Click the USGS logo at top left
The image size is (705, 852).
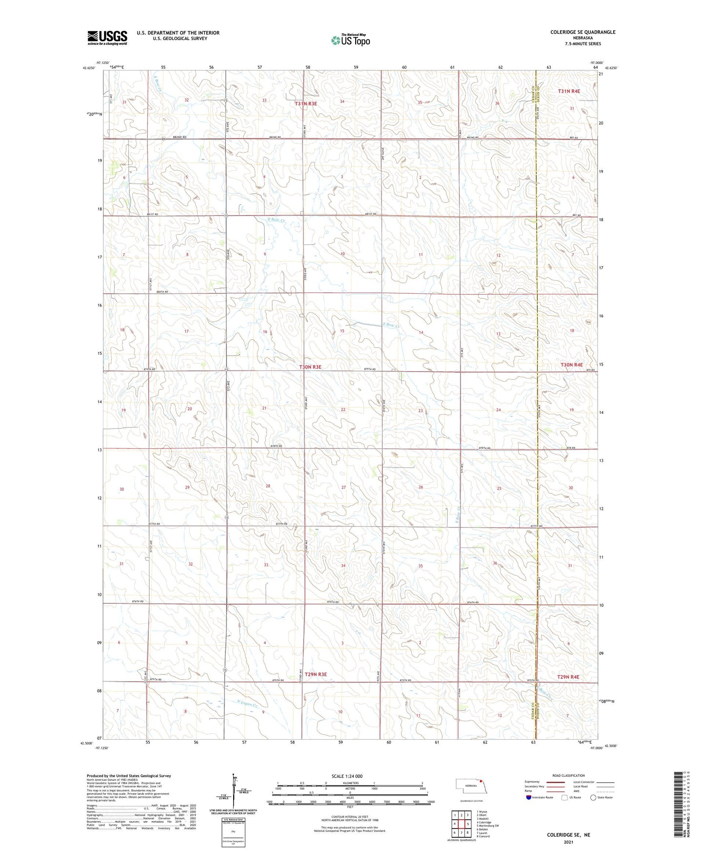click(107, 38)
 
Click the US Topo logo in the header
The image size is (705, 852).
click(350, 40)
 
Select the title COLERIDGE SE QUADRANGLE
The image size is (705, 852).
click(583, 32)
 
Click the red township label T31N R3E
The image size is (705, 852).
click(306, 103)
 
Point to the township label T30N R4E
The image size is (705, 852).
click(571, 365)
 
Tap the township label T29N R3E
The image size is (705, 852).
click(316, 674)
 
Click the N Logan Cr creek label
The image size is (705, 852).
click(246, 703)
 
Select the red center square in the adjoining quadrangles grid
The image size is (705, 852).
click(461, 824)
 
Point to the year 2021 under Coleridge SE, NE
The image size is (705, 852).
click(568, 842)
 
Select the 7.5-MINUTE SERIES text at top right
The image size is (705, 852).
click(583, 44)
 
